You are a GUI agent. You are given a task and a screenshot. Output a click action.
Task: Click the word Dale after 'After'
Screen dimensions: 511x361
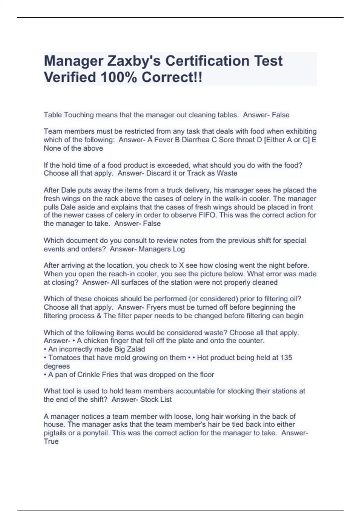(x=69, y=190)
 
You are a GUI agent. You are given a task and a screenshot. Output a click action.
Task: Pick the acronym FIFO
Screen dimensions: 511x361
(x=207, y=215)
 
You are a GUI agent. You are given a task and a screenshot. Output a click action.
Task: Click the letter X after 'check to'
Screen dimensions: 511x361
(x=181, y=265)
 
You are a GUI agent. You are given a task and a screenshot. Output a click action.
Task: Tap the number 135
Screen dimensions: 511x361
(x=286, y=357)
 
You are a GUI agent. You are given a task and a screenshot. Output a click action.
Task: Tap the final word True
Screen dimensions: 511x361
(x=51, y=441)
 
